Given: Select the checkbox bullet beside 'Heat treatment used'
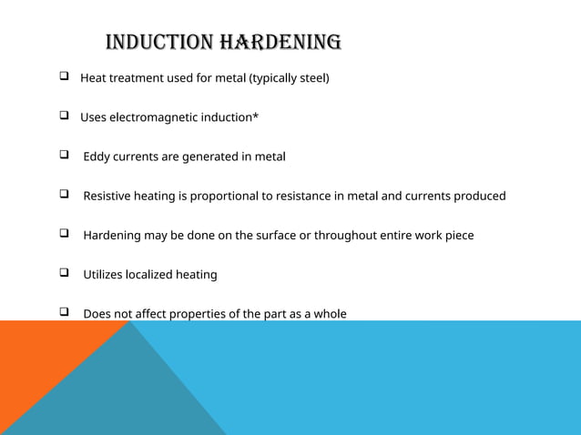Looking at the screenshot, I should tap(66, 77).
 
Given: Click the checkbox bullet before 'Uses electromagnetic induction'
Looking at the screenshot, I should tap(66, 116).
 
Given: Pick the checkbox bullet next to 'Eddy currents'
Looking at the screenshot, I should tap(66, 156).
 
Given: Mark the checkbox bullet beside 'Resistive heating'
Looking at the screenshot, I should tap(66, 196).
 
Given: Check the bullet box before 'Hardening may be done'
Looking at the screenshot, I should tap(66, 235).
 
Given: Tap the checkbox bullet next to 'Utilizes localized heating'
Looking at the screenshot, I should tap(66, 274).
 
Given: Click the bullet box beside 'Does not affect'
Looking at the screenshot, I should tap(66, 314).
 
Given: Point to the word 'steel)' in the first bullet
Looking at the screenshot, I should tap(312, 78).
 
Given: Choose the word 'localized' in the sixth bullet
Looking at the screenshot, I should tap(161, 275).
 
